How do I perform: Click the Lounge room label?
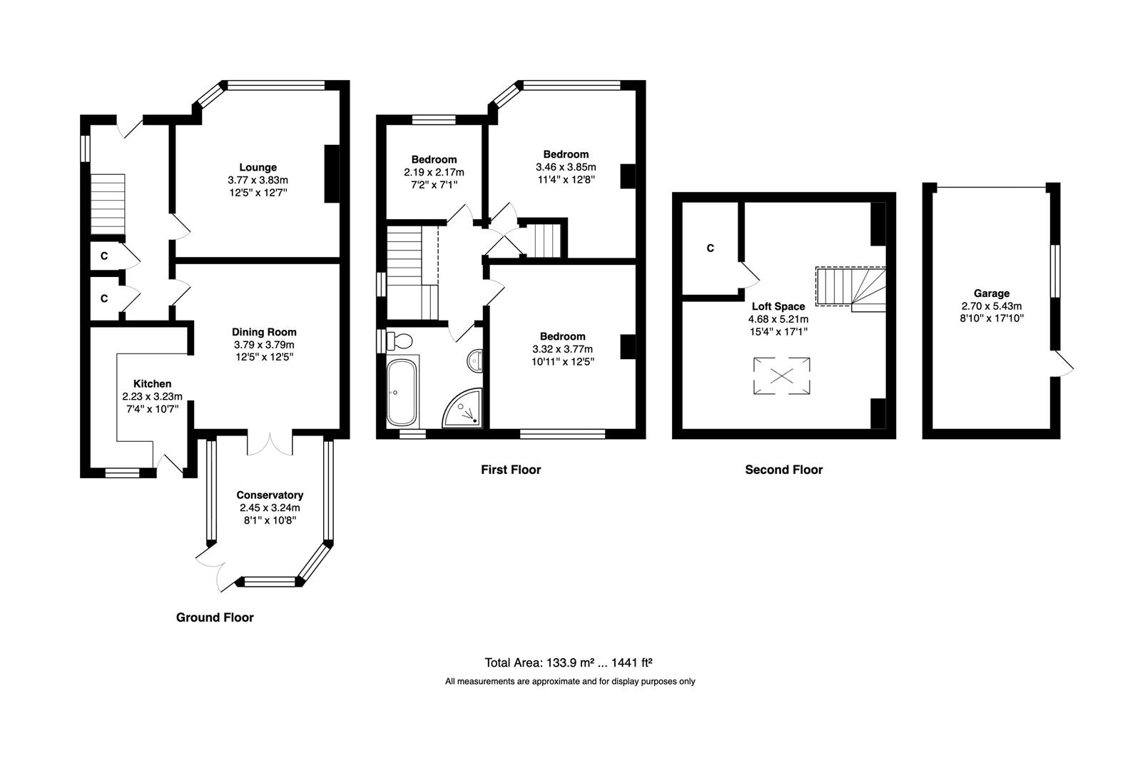coord(258,168)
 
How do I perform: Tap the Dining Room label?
coord(264,332)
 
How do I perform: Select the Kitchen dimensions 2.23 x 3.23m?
coord(153,397)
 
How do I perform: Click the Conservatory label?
coord(270,495)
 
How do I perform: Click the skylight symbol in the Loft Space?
coord(782,376)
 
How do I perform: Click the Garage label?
coord(992,293)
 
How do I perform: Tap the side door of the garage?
coord(1062,364)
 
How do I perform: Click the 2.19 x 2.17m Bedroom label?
coord(434,159)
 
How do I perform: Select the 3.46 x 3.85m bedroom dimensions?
coord(566,167)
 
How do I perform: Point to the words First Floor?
coord(511,470)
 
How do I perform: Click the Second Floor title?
coord(783,470)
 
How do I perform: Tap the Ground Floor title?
coord(215,618)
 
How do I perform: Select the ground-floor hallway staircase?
coord(108,203)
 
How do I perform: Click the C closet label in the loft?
coord(710,248)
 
